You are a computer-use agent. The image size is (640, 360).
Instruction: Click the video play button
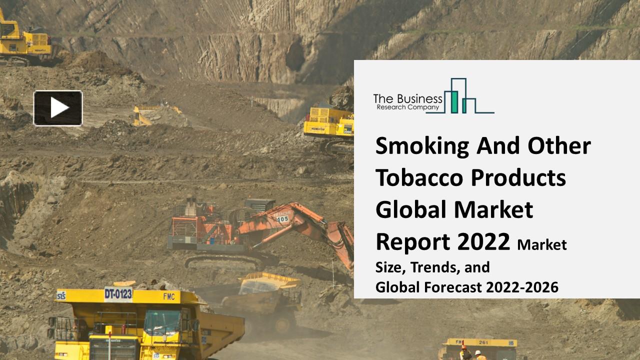(x=58, y=107)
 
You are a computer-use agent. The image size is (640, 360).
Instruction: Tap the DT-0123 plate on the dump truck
(x=118, y=293)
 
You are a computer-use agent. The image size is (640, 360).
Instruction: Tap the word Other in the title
(x=559, y=146)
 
